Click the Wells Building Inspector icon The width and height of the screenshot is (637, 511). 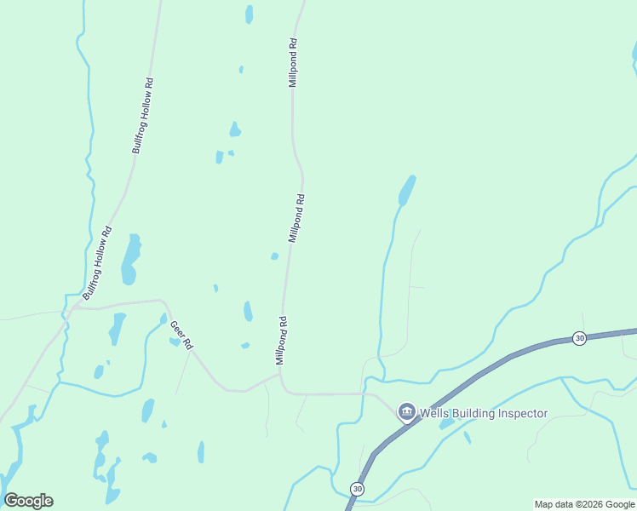coord(406,413)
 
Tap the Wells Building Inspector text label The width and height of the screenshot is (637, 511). coord(483,414)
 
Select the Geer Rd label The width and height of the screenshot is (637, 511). coord(181,336)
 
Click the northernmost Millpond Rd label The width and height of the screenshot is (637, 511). coord(293,62)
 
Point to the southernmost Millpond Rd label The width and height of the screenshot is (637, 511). coord(281,341)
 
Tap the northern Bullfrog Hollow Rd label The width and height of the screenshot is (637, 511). coord(143,116)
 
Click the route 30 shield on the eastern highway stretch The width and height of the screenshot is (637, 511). coord(579,338)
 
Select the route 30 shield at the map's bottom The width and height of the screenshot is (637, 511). coord(356,489)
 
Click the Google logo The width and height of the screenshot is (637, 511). coord(28,501)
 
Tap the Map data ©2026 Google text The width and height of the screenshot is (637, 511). coord(584,504)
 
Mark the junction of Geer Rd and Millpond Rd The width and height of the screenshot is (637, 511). coord(279,373)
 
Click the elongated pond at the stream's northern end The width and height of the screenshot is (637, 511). coord(407,190)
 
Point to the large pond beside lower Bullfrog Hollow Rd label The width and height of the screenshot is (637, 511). coord(130,259)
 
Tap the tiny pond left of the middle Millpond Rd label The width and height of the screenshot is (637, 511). coord(274,255)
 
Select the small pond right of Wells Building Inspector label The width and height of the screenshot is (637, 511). coord(448,423)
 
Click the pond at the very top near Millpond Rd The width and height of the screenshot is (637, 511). coord(249,14)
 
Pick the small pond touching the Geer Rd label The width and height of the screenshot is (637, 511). coord(174,342)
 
